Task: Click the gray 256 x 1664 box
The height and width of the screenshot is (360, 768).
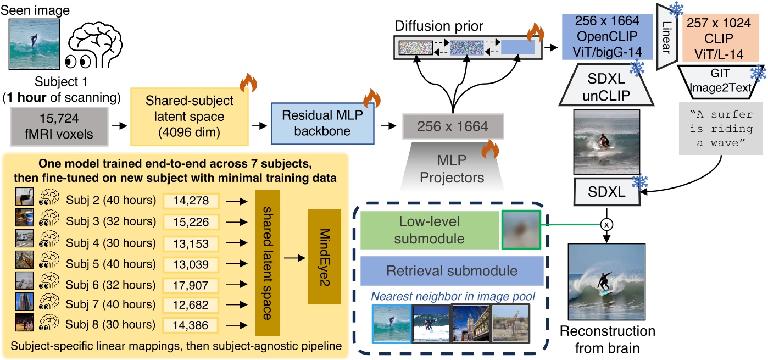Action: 445,127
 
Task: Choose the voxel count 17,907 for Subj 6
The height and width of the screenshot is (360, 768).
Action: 191,285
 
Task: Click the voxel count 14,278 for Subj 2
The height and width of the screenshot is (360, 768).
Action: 191,201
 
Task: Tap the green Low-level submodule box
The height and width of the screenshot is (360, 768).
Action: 429,230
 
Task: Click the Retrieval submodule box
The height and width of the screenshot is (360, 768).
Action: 452,270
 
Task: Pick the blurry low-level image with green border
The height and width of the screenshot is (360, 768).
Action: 521,230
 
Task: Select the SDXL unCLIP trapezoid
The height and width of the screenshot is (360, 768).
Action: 602,85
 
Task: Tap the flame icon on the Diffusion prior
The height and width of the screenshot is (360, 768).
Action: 535,33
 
